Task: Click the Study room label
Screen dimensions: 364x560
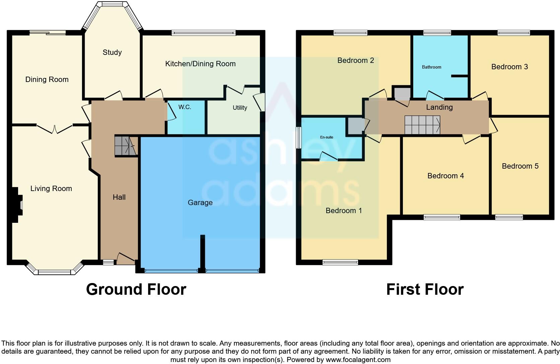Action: click(112, 53)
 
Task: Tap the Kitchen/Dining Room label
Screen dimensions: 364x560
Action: click(200, 64)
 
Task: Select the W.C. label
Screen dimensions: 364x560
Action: click(185, 107)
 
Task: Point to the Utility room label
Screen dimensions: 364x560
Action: click(240, 108)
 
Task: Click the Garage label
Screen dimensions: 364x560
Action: click(200, 203)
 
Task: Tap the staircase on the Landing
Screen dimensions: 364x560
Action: click(422, 125)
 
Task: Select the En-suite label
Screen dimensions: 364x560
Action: click(327, 137)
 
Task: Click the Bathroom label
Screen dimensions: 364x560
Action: click(431, 67)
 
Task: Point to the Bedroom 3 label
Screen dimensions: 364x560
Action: click(509, 67)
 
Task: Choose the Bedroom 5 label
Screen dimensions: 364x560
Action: click(520, 166)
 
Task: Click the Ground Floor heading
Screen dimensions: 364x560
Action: click(136, 289)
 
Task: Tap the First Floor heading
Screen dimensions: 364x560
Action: click(425, 289)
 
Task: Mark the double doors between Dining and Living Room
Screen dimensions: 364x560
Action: click(54, 129)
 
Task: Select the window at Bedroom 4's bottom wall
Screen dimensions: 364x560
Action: click(441, 217)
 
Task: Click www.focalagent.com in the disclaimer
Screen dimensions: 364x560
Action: click(358, 360)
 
